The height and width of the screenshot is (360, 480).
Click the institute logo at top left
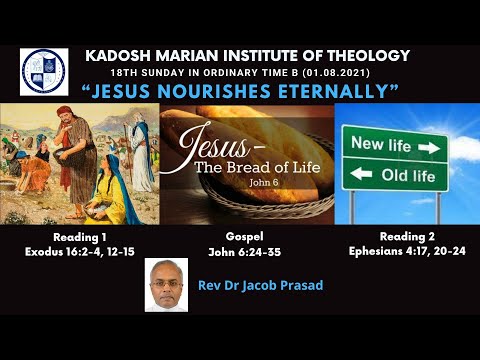pyautogui.click(x=45, y=70)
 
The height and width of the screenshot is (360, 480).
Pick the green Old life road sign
pyautogui.click(x=394, y=176)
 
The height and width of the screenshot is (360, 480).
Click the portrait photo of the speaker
pyautogui.click(x=166, y=284)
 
